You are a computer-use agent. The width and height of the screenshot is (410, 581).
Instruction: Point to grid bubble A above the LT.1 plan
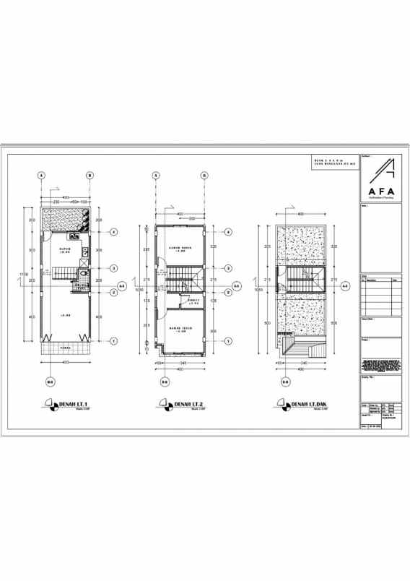(x=42, y=176)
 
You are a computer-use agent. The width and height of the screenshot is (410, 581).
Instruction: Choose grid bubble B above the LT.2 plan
(x=204, y=176)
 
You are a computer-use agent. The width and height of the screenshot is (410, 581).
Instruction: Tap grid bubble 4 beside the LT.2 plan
(x=228, y=232)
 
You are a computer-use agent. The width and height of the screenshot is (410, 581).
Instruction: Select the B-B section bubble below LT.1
(x=50, y=382)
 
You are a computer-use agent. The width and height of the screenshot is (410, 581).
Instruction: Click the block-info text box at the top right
(x=334, y=163)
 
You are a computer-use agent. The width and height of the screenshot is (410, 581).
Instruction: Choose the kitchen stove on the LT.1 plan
(x=74, y=236)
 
